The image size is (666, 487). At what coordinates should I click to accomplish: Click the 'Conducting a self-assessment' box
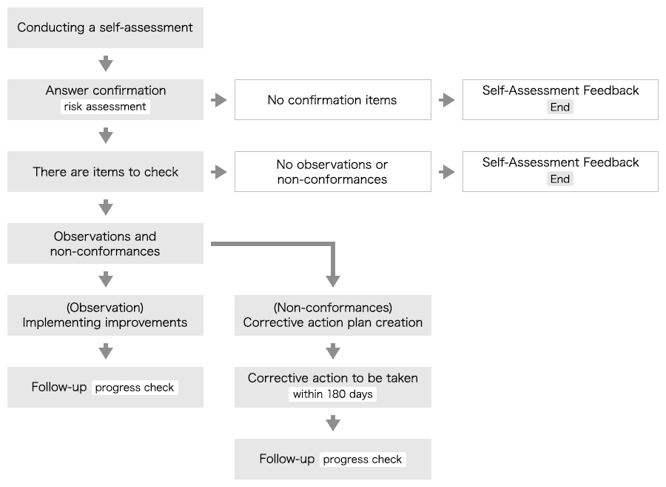click(105, 28)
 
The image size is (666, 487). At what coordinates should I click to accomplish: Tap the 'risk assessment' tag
click(105, 107)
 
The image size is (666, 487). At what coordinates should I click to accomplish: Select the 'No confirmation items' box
click(332, 100)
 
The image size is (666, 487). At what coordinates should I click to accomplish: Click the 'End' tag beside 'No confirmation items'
click(559, 107)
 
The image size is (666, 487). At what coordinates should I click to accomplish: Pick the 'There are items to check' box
click(105, 172)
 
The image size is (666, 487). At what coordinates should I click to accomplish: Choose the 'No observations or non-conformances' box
click(332, 172)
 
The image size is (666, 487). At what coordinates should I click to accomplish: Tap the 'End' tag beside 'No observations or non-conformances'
click(559, 179)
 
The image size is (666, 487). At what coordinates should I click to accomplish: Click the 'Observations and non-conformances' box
click(105, 244)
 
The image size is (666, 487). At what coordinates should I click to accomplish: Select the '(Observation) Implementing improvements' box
click(105, 316)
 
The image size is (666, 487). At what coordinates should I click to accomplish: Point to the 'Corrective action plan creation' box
click(332, 316)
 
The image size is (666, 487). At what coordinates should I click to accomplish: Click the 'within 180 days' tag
click(332, 394)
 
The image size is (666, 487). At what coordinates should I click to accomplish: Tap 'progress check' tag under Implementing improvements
click(135, 388)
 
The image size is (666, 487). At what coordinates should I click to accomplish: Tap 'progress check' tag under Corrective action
click(363, 460)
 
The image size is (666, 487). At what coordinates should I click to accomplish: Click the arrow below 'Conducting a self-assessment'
click(106, 63)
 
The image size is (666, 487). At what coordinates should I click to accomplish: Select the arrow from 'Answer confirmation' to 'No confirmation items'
click(219, 100)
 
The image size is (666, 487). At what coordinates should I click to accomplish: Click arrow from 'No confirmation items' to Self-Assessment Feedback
click(447, 100)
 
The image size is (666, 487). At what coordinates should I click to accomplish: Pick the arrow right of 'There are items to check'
click(219, 172)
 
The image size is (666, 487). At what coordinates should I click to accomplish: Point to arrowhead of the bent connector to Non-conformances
click(333, 281)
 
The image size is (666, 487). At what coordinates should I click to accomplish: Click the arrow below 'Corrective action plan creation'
click(333, 351)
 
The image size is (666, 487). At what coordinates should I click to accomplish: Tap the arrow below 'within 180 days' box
click(333, 423)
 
